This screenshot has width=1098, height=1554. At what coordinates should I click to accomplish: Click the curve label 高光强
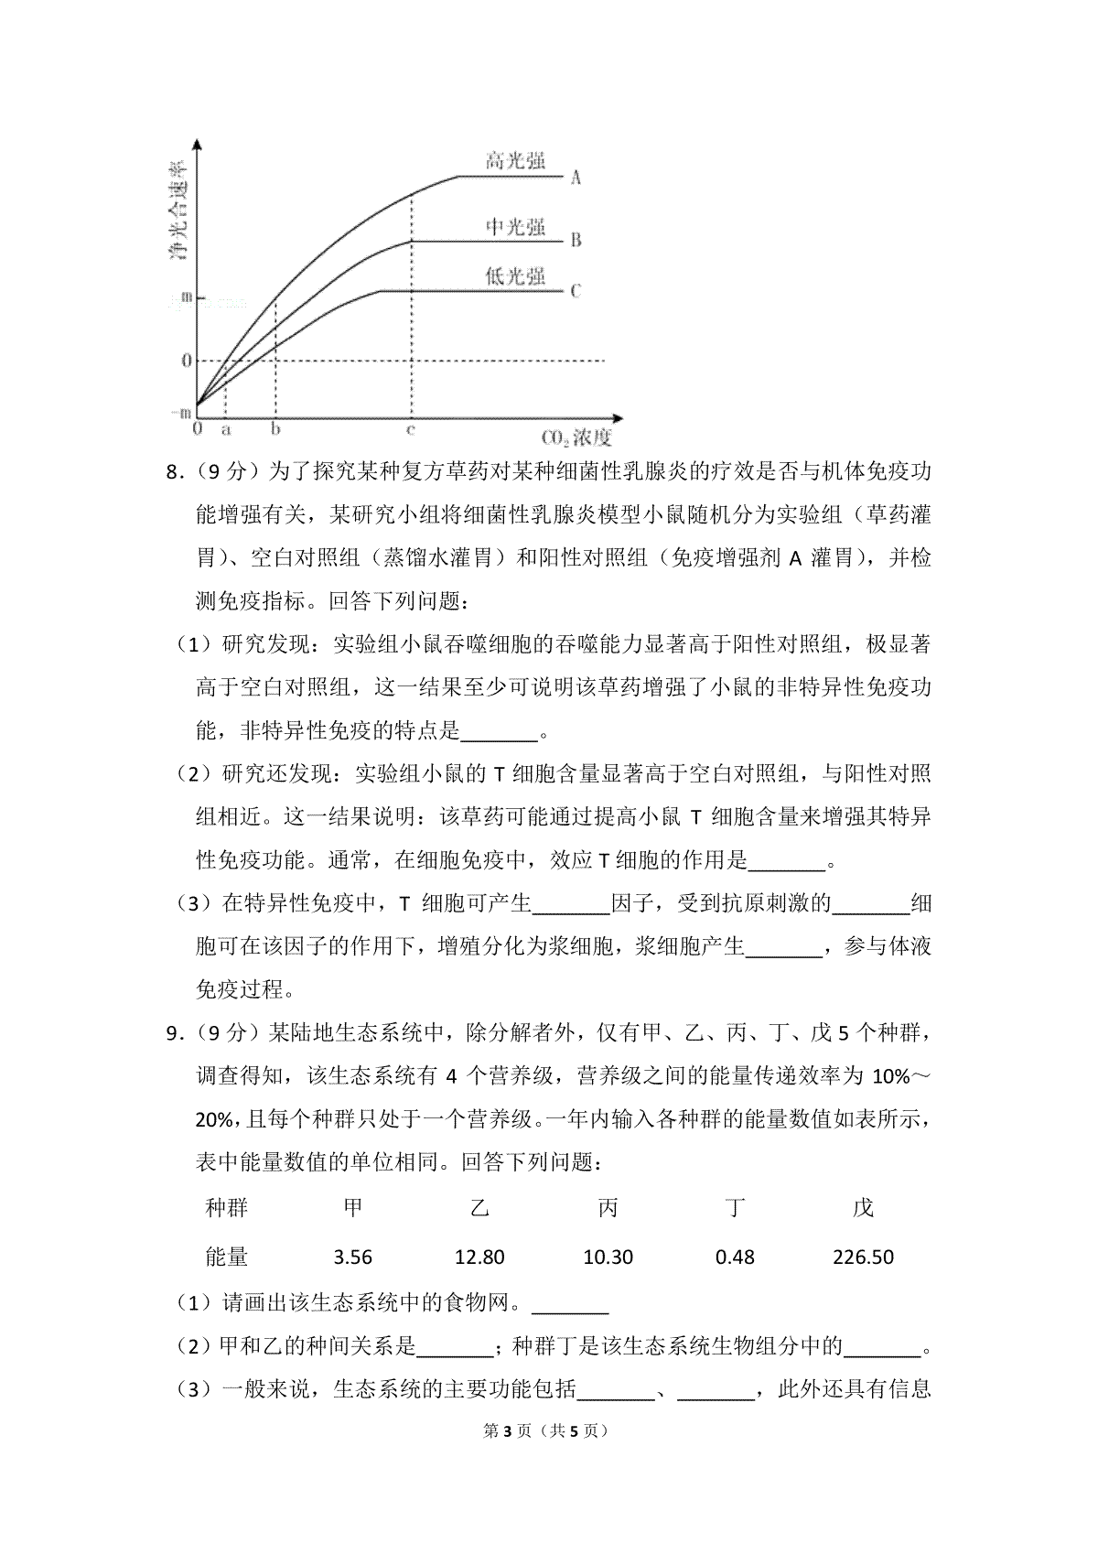point(515,162)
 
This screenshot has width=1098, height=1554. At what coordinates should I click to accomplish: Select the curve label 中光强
point(515,227)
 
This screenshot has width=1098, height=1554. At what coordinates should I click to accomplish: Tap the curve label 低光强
point(515,277)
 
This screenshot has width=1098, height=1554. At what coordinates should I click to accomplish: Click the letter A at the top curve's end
point(576,178)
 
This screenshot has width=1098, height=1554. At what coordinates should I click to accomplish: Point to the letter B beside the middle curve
point(576,241)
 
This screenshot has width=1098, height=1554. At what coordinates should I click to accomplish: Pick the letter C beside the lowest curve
point(576,291)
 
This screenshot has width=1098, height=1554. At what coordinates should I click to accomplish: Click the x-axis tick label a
point(226,427)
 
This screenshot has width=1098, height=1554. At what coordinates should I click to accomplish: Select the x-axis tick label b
point(275,427)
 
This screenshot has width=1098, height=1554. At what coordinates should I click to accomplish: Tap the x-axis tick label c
point(411,427)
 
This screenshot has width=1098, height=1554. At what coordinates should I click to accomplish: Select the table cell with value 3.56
point(353,1257)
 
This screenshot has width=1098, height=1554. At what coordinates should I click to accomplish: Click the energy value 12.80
point(479,1257)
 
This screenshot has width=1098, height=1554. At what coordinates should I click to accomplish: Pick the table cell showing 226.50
point(863,1257)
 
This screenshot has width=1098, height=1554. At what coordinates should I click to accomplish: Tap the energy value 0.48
point(735,1257)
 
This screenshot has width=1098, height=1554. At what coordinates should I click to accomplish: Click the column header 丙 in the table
point(608,1208)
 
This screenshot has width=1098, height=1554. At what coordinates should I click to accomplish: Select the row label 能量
point(227,1257)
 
